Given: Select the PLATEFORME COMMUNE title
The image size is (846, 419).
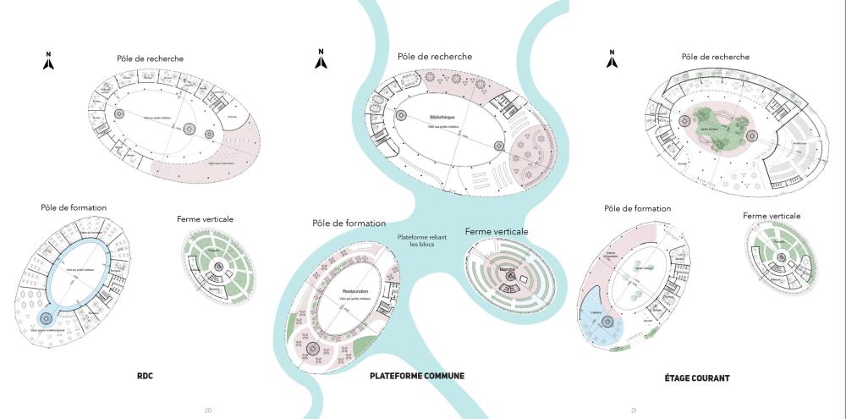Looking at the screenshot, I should [417, 376].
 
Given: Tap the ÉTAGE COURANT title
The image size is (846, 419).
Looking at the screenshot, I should [697, 378].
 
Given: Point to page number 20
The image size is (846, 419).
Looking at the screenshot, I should [207, 411].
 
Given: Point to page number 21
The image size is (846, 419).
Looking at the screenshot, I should [634, 411].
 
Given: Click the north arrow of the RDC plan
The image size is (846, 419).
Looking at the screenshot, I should [49, 60].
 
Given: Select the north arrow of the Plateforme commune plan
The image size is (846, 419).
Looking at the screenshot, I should [321, 58].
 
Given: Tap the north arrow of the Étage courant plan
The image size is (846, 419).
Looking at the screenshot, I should [613, 59].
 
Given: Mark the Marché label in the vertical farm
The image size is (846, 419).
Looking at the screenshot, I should [508, 268].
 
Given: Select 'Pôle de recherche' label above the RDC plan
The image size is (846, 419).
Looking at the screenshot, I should [151, 58].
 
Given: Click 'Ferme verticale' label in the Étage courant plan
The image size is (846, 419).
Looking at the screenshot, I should [772, 216].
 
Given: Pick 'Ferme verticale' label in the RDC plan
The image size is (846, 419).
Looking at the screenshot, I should [205, 219].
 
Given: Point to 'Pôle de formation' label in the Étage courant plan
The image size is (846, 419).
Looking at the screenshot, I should [637, 208].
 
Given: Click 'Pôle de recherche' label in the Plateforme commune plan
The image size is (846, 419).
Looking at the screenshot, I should [435, 57].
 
